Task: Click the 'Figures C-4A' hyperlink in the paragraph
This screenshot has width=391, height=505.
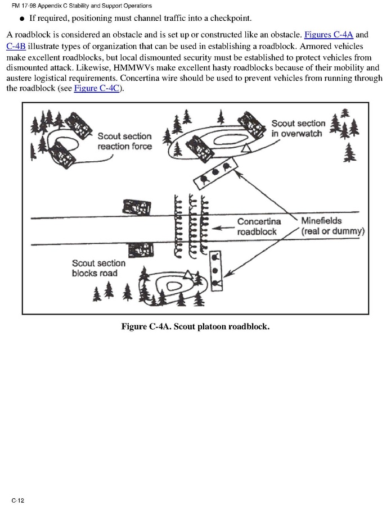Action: [x=329, y=35]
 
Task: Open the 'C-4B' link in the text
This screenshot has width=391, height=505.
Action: [x=16, y=46]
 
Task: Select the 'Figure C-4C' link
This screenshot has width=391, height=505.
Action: [x=96, y=89]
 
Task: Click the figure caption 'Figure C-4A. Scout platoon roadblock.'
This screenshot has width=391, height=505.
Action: [x=195, y=326]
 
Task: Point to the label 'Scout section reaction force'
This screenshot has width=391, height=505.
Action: [x=124, y=141]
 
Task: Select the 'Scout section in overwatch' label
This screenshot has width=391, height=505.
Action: [x=298, y=128]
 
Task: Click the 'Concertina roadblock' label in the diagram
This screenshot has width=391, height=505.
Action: [x=258, y=227]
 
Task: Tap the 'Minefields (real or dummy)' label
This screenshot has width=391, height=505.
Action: [x=332, y=226]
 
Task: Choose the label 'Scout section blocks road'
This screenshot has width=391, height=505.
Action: [x=98, y=268]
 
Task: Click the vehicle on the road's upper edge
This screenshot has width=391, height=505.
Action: [x=137, y=206]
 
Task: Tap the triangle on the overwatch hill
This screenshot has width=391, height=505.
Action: [x=246, y=148]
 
